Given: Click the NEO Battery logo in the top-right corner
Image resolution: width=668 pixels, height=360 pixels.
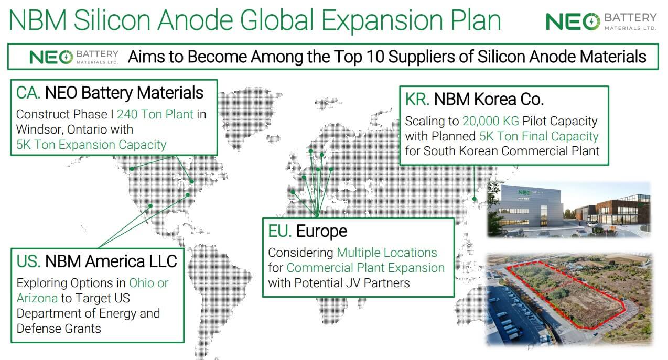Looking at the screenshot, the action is (601, 21).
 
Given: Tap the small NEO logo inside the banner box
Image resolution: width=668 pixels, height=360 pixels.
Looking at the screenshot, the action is (73, 57).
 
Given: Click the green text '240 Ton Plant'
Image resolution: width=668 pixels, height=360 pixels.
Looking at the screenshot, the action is (155, 114).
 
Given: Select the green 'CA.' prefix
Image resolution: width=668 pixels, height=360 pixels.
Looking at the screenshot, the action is (28, 93).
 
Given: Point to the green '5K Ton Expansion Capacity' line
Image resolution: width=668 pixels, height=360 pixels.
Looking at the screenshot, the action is (91, 145).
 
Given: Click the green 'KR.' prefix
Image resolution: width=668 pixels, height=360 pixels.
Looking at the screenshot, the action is (417, 99).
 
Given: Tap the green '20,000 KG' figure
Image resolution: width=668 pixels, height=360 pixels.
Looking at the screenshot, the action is (491, 121).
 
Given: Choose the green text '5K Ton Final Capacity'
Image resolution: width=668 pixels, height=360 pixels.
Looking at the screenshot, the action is (538, 136).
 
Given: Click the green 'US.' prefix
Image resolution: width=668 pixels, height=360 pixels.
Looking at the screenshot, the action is (28, 261).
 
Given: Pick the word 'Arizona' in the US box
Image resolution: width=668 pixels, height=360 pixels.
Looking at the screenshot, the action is (37, 298).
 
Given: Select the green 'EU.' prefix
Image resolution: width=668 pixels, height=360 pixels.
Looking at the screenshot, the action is (279, 231).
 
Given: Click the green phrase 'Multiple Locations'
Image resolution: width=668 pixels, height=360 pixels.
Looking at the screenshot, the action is (387, 253).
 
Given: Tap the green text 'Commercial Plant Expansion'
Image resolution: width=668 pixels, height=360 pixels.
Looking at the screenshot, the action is (365, 268).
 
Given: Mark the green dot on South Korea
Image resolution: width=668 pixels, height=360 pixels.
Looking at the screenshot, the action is (475, 199).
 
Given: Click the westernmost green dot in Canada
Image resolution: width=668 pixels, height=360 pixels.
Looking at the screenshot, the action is (132, 169).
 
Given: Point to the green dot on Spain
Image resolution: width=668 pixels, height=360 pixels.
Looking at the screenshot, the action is (293, 192).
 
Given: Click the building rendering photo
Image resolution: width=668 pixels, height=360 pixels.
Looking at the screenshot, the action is (569, 209).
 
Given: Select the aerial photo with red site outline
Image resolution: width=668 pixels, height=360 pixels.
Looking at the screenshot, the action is (569, 299).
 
